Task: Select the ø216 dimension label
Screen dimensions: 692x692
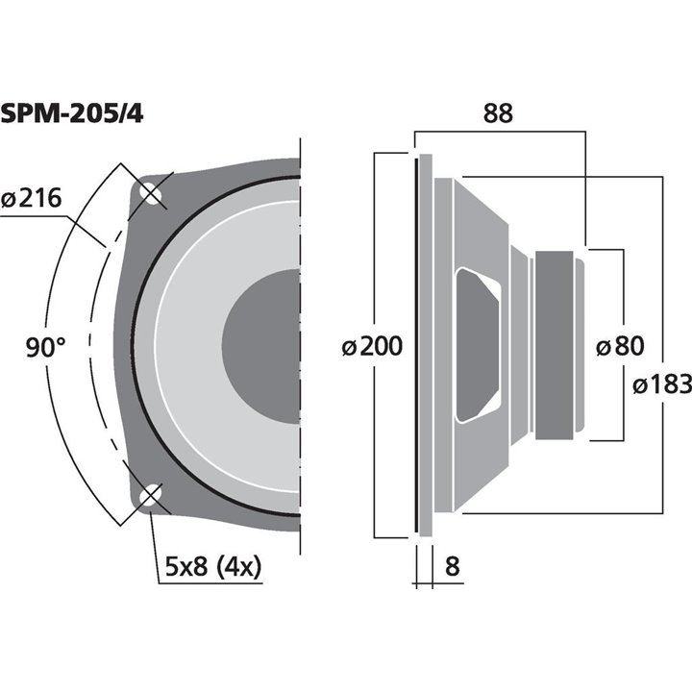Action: [x=32, y=199]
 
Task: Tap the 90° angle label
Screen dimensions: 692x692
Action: [x=46, y=347]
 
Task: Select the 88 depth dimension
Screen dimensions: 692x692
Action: [x=497, y=112]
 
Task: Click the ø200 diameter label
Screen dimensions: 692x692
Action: [x=372, y=346]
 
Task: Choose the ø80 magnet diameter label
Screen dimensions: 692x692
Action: [x=620, y=346]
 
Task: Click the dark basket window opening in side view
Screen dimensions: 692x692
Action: [x=477, y=346]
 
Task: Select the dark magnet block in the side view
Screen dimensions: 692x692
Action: [x=555, y=346]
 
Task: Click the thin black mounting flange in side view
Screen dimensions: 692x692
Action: [x=419, y=346]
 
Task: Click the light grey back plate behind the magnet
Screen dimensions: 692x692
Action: [x=580, y=346]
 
